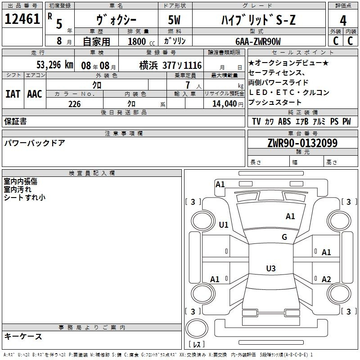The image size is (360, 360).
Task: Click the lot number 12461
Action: click(22, 19)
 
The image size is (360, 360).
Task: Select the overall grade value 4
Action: click(343, 20)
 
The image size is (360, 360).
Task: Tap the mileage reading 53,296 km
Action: click(55, 65)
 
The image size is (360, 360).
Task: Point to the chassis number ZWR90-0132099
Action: click(302, 143)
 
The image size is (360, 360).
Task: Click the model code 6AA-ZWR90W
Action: click(258, 41)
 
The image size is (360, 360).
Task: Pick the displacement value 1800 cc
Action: click(141, 41)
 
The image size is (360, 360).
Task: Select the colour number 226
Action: click(74, 104)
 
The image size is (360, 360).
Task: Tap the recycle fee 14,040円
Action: click(228, 104)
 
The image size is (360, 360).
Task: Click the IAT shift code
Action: click(13, 94)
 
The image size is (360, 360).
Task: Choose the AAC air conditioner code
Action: click(35, 94)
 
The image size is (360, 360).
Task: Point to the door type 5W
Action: click(174, 20)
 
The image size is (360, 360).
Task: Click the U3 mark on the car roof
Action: click(271, 268)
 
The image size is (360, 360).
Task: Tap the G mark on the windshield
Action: click(284, 237)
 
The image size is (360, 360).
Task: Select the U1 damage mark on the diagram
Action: click(224, 225)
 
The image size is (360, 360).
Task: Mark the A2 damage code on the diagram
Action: click(326, 279)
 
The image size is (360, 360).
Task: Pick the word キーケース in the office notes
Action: click(23, 336)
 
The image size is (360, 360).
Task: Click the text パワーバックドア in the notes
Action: click(35, 143)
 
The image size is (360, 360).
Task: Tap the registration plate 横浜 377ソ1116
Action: click(171, 65)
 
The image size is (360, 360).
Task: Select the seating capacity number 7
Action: click(188, 85)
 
